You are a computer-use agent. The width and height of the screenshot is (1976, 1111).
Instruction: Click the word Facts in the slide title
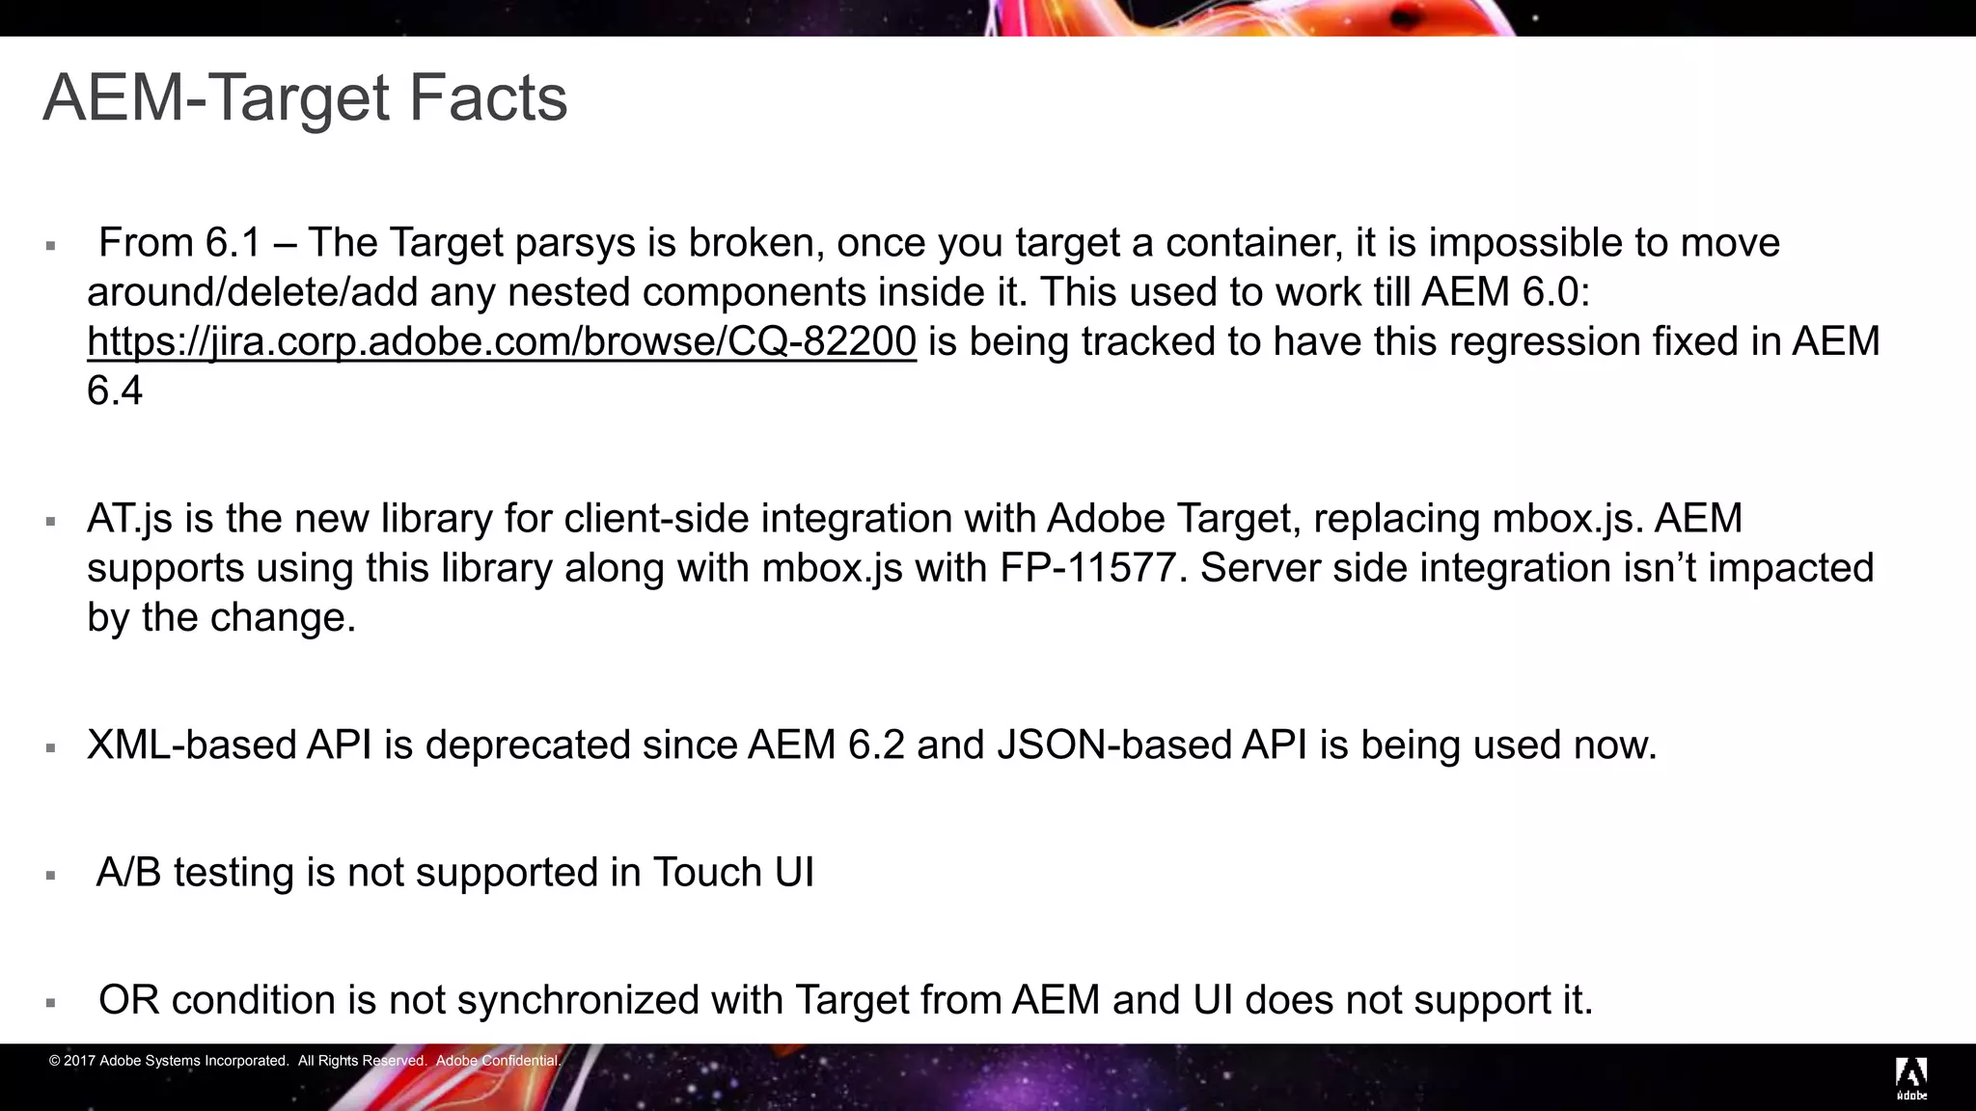pos(487,98)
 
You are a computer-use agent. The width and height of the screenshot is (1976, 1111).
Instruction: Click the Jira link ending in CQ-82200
pos(501,342)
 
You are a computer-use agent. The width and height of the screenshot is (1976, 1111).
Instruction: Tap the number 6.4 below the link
pos(115,392)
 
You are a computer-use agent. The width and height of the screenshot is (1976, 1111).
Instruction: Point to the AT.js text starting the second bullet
pos(129,520)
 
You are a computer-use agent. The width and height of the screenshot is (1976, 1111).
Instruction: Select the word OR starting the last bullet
pos(128,1000)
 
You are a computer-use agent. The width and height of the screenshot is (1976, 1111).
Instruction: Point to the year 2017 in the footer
pos(79,1061)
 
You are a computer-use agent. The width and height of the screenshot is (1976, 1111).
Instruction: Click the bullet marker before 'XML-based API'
pos(50,747)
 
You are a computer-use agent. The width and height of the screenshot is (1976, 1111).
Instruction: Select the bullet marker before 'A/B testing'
pos(50,876)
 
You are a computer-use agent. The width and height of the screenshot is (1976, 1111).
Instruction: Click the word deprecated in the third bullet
pos(527,745)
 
